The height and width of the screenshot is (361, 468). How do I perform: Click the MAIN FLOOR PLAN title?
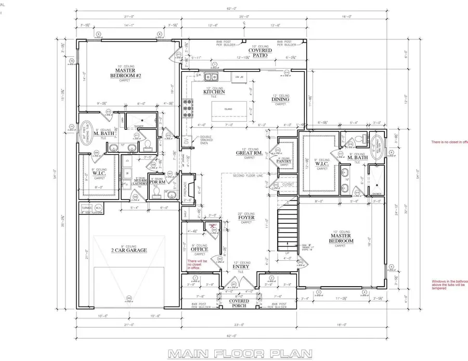pyautogui.click(x=240, y=354)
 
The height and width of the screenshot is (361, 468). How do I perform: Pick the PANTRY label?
pyautogui.click(x=284, y=162)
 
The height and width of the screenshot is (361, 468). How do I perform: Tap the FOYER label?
pyautogui.click(x=246, y=218)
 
